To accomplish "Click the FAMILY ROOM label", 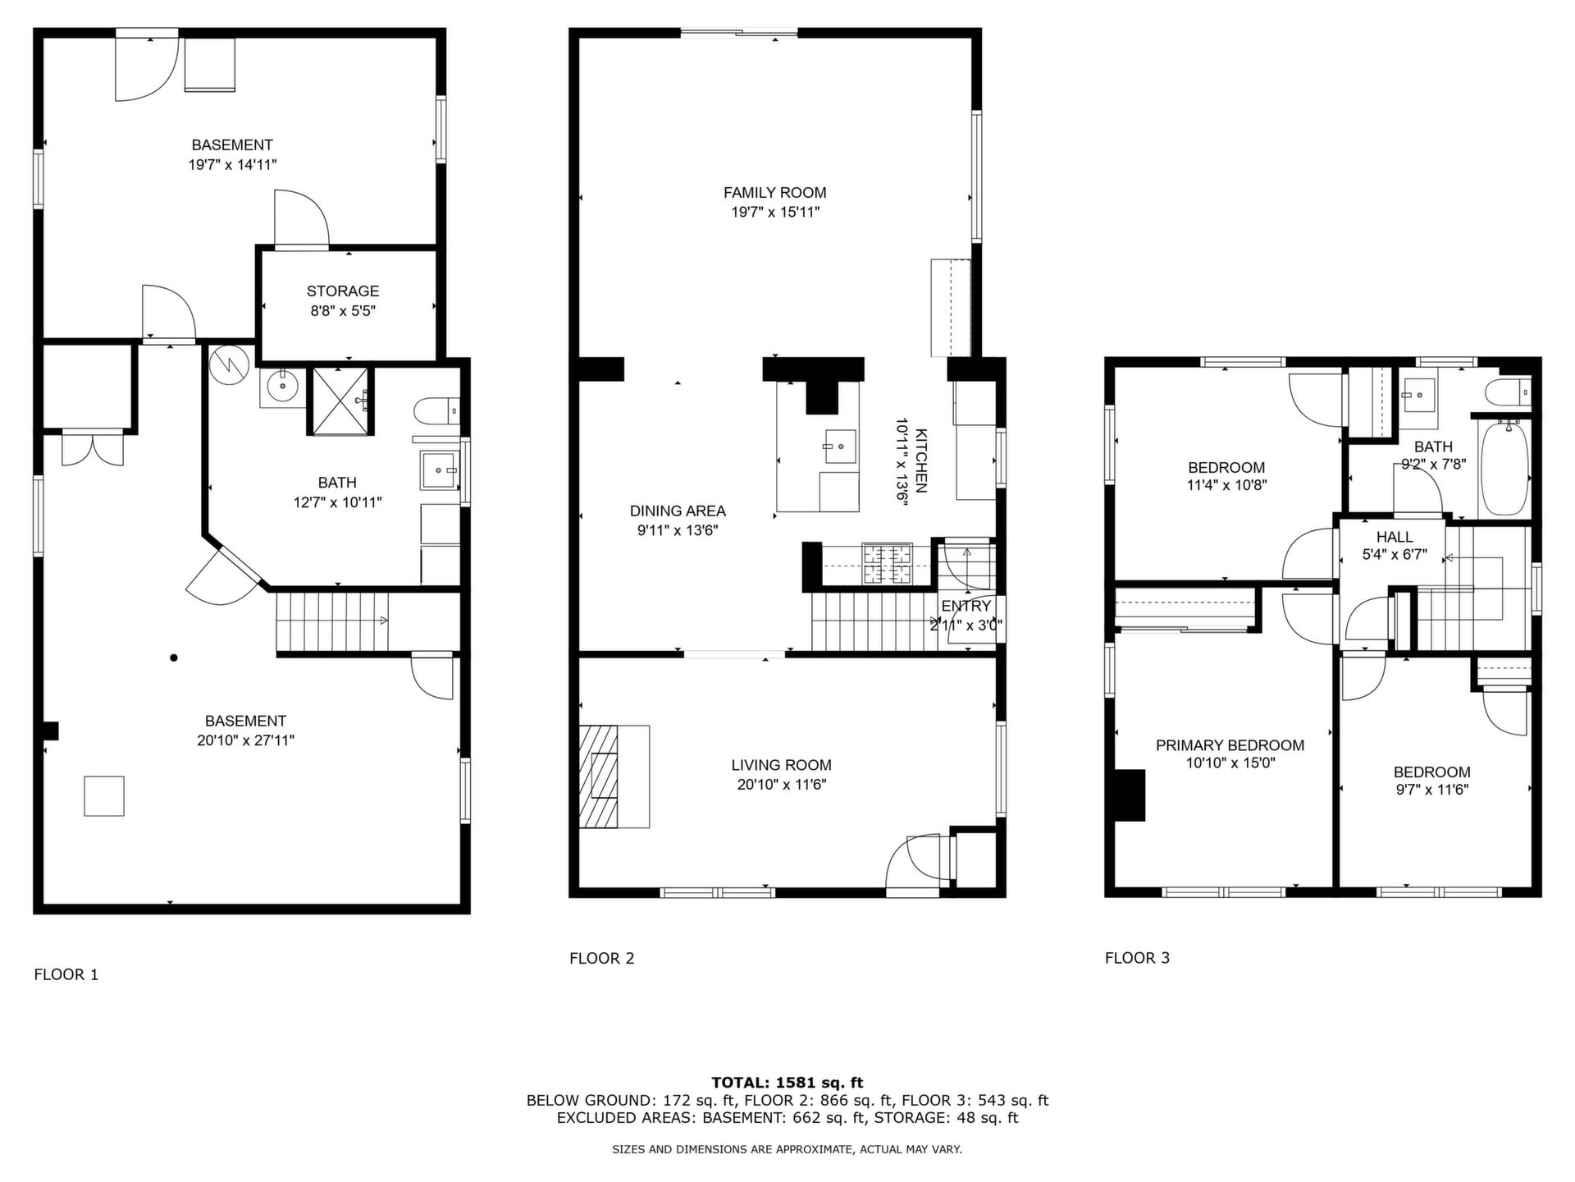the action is pyautogui.click(x=774, y=193).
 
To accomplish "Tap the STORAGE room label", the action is pyautogui.click(x=343, y=291).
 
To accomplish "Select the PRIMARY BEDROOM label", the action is pyautogui.click(x=1230, y=745).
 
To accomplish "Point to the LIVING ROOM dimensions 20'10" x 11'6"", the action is pyautogui.click(x=781, y=785).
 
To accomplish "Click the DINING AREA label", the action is pyautogui.click(x=678, y=511).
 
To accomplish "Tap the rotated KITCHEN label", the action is pyautogui.click(x=921, y=460).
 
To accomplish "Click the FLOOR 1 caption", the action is pyautogui.click(x=66, y=974).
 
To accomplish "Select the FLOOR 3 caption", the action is pyautogui.click(x=1137, y=957).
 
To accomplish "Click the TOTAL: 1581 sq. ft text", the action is pyautogui.click(x=787, y=1083).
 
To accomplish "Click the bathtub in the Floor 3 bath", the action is pyautogui.click(x=1504, y=469).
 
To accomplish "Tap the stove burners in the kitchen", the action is pyautogui.click(x=887, y=564).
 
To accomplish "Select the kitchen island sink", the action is pyautogui.click(x=840, y=447).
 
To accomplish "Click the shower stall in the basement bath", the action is pyautogui.click(x=340, y=401).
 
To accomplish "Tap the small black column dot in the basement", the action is pyautogui.click(x=174, y=657).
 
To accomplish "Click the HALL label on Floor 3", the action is pyautogui.click(x=1395, y=537).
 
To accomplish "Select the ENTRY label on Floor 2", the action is pyautogui.click(x=966, y=606).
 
